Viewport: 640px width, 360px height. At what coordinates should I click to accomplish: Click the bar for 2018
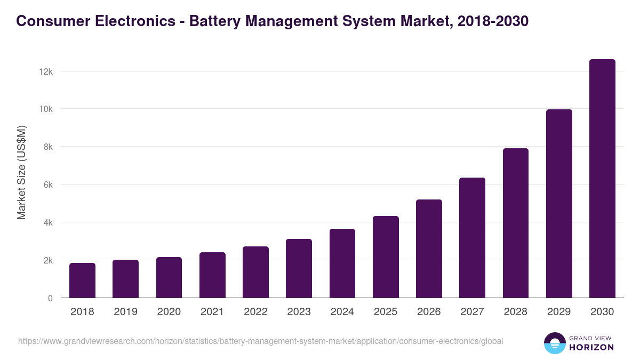[82, 281]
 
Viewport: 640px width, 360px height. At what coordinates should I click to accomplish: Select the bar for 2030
[602, 179]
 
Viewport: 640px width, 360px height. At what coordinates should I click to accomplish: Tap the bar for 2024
[342, 263]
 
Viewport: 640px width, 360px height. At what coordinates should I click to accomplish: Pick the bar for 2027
[472, 238]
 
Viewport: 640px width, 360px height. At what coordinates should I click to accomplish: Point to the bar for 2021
[212, 275]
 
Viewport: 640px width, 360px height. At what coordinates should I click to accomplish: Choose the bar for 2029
[559, 204]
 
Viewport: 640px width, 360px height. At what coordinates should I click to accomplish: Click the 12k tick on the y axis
[46, 71]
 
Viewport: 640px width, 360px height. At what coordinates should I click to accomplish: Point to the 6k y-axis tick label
[47, 185]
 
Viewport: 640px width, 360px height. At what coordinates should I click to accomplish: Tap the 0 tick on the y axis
[50, 299]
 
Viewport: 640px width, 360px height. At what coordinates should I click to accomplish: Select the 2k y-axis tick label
[47, 261]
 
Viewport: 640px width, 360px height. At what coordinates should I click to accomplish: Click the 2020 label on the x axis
[169, 312]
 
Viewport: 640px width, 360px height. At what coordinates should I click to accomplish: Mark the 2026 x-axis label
[429, 312]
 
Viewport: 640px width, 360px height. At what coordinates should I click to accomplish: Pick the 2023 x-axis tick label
[299, 312]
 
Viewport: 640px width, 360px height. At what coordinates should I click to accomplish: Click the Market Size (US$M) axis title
[21, 172]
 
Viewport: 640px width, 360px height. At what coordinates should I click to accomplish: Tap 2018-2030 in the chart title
[493, 21]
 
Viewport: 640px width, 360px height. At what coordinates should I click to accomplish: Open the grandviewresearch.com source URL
[260, 341]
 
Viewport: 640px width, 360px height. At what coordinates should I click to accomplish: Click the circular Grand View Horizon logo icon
[554, 343]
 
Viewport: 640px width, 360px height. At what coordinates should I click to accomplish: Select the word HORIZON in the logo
[591, 347]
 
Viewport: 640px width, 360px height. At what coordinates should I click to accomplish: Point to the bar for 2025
[386, 257]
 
